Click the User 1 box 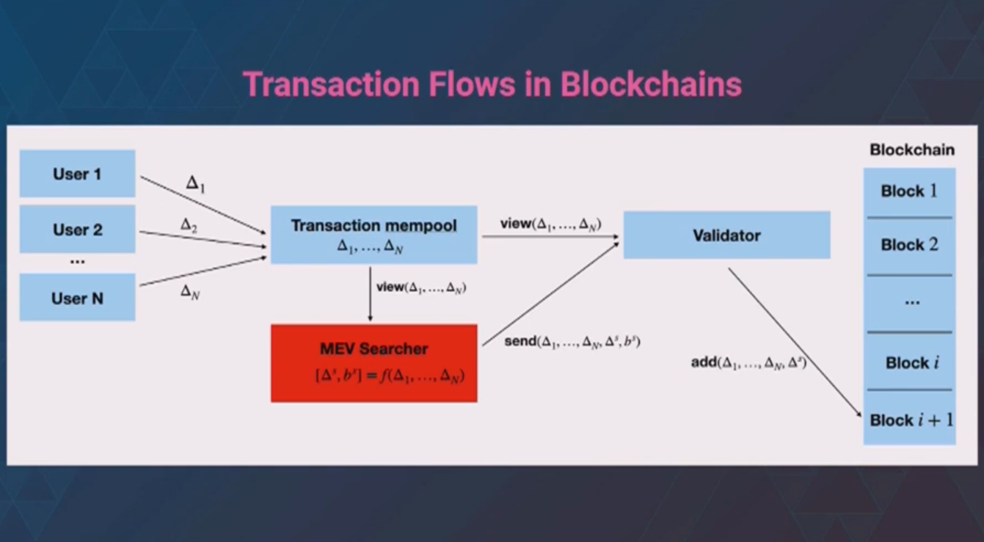77,174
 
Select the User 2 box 77,229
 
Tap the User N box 77,297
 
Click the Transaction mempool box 373,235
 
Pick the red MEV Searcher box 373,363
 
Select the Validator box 726,235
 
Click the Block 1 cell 909,192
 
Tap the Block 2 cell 909,246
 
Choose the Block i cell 909,362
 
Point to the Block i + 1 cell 909,418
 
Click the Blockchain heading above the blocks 912,150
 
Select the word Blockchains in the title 651,84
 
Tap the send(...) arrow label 572,341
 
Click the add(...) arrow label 748,362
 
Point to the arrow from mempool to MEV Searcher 370,294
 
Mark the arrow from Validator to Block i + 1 795,343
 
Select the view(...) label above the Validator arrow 551,224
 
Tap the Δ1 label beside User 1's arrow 195,183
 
